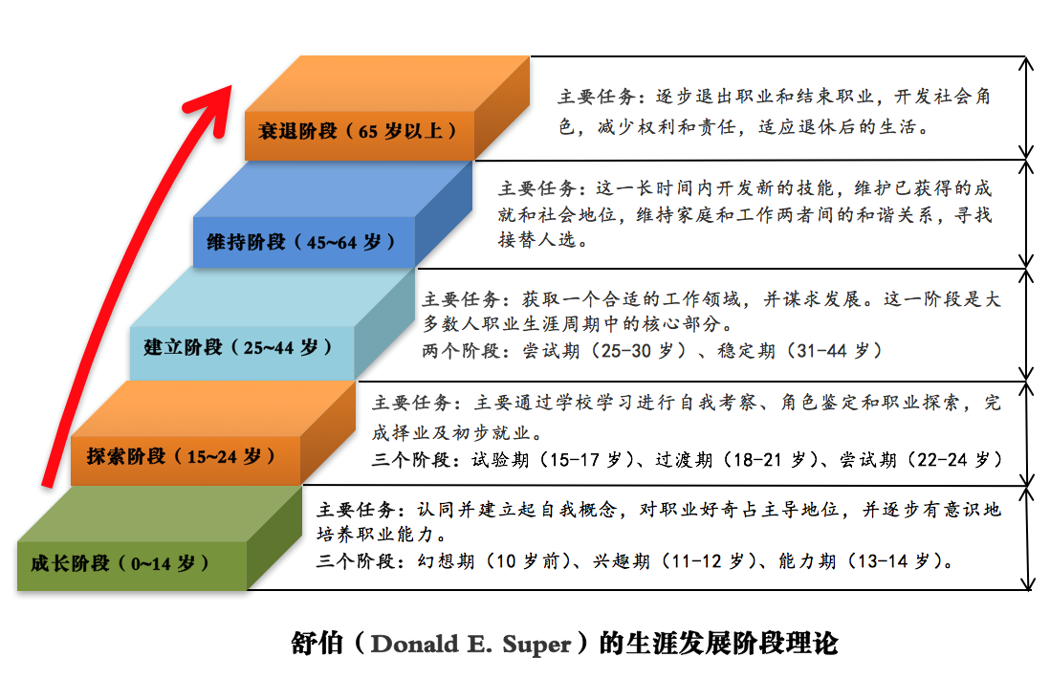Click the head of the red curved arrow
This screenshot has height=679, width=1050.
click(214, 107)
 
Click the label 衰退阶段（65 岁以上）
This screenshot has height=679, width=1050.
click(358, 131)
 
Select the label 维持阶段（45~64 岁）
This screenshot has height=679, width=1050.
click(300, 242)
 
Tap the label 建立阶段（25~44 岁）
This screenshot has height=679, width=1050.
click(238, 347)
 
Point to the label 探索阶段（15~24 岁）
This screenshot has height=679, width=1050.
click(181, 457)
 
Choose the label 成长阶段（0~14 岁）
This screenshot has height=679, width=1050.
click(120, 563)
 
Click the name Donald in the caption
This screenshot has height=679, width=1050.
click(414, 645)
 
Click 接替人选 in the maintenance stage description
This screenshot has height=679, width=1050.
click(537, 240)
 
